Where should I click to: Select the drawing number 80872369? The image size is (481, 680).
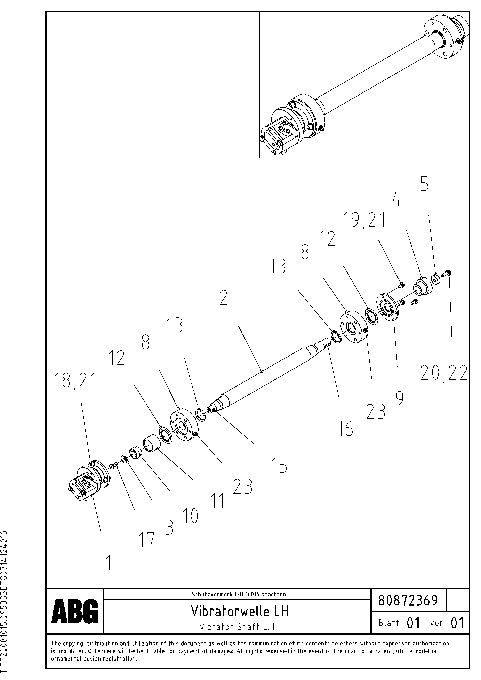[408, 600]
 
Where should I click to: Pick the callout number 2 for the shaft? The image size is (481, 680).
[223, 298]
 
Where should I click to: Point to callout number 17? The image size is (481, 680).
[147, 540]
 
